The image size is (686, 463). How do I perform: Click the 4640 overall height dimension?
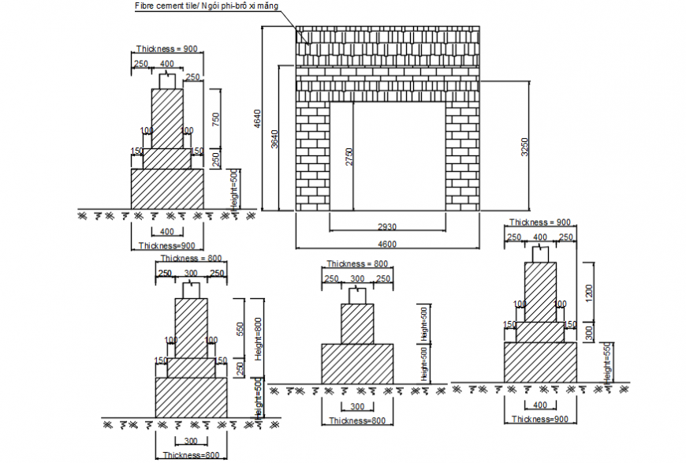(x=257, y=118)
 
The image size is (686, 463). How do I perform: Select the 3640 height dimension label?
(x=274, y=138)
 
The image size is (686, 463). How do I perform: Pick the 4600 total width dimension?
(x=386, y=244)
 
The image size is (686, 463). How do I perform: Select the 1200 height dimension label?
(x=588, y=291)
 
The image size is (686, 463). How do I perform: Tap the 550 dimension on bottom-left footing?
(x=240, y=328)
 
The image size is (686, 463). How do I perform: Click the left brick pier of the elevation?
(x=312, y=158)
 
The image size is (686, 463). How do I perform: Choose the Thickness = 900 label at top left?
(x=166, y=49)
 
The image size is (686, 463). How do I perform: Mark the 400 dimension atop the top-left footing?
(x=167, y=64)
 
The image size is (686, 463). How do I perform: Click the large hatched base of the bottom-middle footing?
(x=356, y=364)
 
